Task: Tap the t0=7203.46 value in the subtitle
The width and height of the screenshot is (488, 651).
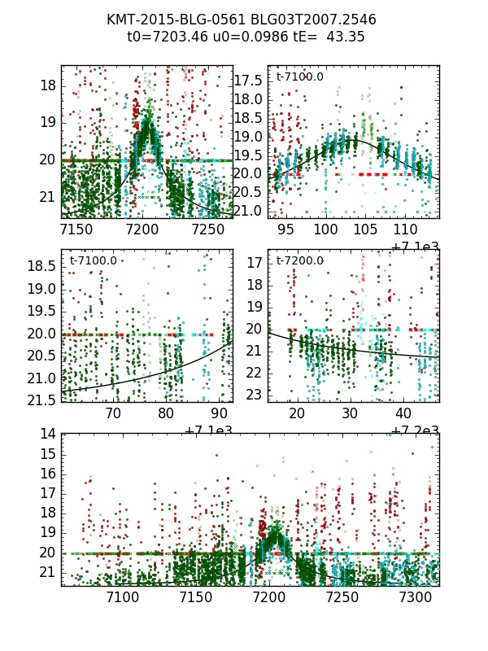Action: [166, 37]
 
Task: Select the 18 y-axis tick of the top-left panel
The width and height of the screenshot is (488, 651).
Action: [47, 85]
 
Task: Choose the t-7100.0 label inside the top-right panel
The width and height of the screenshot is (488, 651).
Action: [299, 76]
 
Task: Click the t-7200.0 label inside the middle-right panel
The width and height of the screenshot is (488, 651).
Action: [299, 260]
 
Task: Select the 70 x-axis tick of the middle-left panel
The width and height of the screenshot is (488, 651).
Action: [114, 413]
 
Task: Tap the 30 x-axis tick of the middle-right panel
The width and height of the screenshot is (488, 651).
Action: [351, 413]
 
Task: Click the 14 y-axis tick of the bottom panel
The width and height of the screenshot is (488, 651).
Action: [47, 434]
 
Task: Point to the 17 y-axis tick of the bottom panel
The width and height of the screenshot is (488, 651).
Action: [47, 493]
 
